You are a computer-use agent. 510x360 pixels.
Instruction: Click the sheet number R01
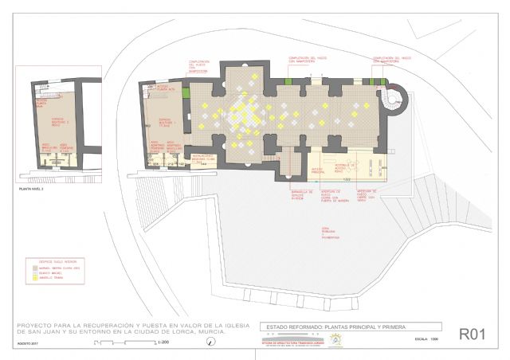[x=471, y=335]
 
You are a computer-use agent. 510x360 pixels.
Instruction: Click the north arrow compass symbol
[x=210, y=342]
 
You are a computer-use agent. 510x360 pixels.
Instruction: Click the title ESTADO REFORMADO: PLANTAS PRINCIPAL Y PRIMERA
[x=351, y=327]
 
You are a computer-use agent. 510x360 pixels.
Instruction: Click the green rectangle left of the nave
[x=186, y=94]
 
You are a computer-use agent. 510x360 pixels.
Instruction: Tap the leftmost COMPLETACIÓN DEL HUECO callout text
[x=198, y=65]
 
